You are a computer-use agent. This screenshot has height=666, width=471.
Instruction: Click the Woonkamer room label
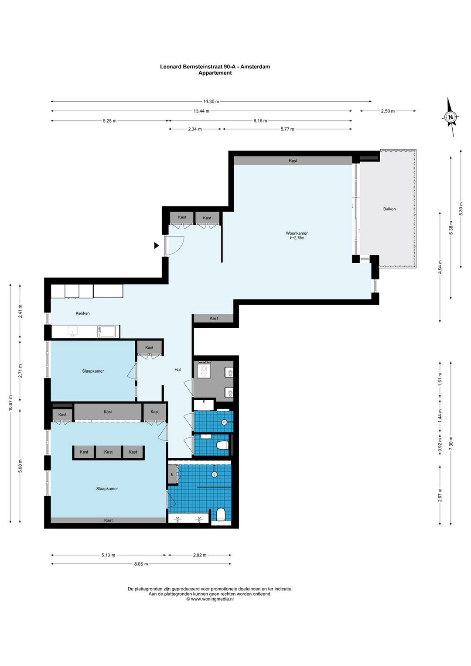click(x=297, y=233)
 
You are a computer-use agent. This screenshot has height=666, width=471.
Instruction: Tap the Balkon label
click(x=389, y=209)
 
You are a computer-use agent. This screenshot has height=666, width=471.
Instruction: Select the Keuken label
click(x=82, y=313)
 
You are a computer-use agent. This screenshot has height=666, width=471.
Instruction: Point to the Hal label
click(x=177, y=370)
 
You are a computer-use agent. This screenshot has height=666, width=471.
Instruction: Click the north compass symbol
click(x=451, y=117)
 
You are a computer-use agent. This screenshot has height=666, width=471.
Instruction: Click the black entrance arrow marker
click(x=157, y=246)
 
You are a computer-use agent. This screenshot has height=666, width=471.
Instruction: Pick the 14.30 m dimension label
click(x=211, y=101)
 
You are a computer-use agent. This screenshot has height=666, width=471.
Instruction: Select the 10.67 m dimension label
click(x=11, y=403)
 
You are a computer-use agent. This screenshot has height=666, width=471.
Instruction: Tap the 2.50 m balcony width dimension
click(x=388, y=111)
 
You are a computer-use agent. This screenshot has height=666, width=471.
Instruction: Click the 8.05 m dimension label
click(x=141, y=564)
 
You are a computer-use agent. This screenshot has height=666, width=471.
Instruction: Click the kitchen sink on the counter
click(x=73, y=331)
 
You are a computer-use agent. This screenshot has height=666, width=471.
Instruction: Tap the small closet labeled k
click(x=172, y=474)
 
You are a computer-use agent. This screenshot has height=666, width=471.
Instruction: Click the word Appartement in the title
click(x=215, y=72)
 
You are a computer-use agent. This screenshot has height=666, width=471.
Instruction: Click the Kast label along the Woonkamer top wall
click(x=293, y=161)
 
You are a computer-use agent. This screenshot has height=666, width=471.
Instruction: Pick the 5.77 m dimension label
click(x=287, y=129)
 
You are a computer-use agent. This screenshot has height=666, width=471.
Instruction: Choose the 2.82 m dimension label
click(x=199, y=555)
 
